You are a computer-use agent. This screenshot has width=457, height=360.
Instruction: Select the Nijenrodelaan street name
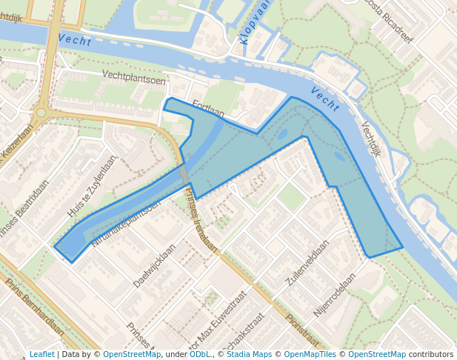click(334, 294)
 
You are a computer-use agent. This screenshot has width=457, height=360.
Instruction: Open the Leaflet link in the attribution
click(41, 354)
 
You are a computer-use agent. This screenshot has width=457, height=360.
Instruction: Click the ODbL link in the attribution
click(200, 354)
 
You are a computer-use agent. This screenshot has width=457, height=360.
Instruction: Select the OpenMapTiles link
click(310, 354)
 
